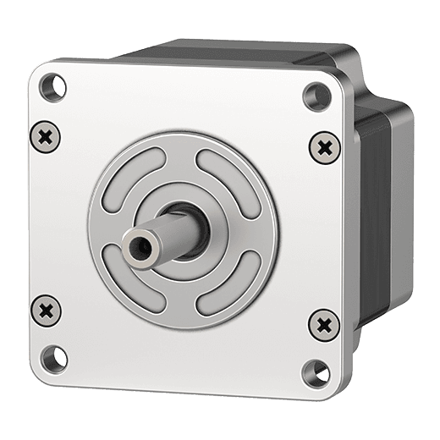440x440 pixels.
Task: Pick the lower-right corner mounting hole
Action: coord(313,370)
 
